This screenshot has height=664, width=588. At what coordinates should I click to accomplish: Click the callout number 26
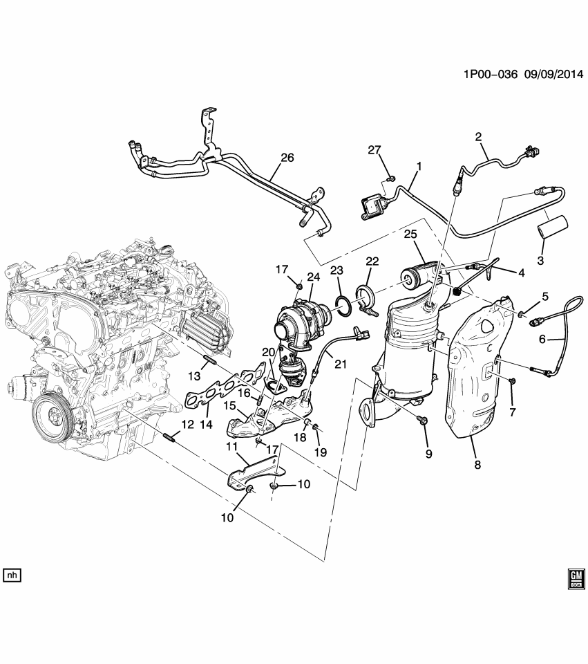(x=287, y=158)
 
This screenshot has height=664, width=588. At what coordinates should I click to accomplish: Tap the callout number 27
(x=374, y=151)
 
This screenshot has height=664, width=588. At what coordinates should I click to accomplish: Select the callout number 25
(x=410, y=235)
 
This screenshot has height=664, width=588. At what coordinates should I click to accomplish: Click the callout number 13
(x=195, y=375)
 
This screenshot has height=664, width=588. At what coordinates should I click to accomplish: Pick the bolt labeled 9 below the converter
(x=422, y=420)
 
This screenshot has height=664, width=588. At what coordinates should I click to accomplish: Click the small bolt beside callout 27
(x=390, y=179)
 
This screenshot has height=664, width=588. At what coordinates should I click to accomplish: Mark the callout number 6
(x=542, y=339)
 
